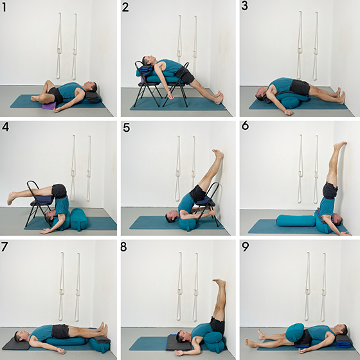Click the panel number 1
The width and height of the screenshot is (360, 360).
click(4, 7)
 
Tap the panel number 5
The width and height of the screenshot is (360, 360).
click(126, 128)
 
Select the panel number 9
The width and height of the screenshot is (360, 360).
click(245, 247)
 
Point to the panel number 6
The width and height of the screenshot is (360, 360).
click(245, 126)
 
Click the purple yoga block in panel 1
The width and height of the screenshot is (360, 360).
click(49, 105)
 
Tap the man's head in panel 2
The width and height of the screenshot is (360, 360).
click(147, 60)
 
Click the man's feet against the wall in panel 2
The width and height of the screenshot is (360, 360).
click(220, 97)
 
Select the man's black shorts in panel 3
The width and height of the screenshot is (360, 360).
click(300, 87)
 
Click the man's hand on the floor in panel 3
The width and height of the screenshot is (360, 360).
click(289, 112)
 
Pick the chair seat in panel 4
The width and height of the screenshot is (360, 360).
click(42, 200)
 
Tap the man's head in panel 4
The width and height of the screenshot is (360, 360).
click(50, 217)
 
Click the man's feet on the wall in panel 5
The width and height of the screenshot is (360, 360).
click(218, 154)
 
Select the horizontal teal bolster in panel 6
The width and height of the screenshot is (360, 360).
click(296, 221)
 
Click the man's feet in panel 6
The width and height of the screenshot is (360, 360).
click(340, 145)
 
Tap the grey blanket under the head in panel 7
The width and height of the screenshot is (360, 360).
click(16, 344)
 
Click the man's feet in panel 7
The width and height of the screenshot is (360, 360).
click(104, 328)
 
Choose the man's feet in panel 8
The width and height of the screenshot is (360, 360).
click(219, 282)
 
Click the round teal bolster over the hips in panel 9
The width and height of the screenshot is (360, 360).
click(295, 332)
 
